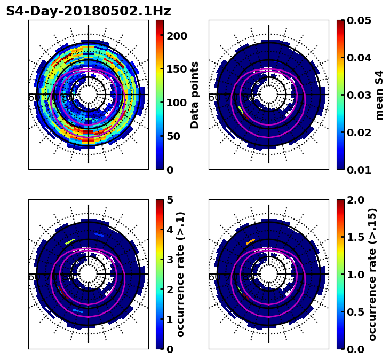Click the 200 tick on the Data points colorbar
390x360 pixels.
click(x=177, y=36)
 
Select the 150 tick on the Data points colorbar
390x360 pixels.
click(x=177, y=69)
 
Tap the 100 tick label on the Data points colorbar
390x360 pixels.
click(x=177, y=103)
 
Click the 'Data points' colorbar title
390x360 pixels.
click(x=195, y=95)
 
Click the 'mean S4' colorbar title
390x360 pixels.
click(x=379, y=95)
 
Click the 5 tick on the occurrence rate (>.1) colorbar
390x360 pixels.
click(x=170, y=200)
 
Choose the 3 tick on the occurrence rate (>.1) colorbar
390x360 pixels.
click(x=170, y=260)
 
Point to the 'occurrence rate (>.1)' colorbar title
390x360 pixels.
click(x=181, y=275)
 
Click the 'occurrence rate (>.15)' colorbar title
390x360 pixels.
click(x=372, y=275)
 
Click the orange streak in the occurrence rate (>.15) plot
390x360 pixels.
click(x=250, y=242)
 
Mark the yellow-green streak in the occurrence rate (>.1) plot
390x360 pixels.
click(x=70, y=242)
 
